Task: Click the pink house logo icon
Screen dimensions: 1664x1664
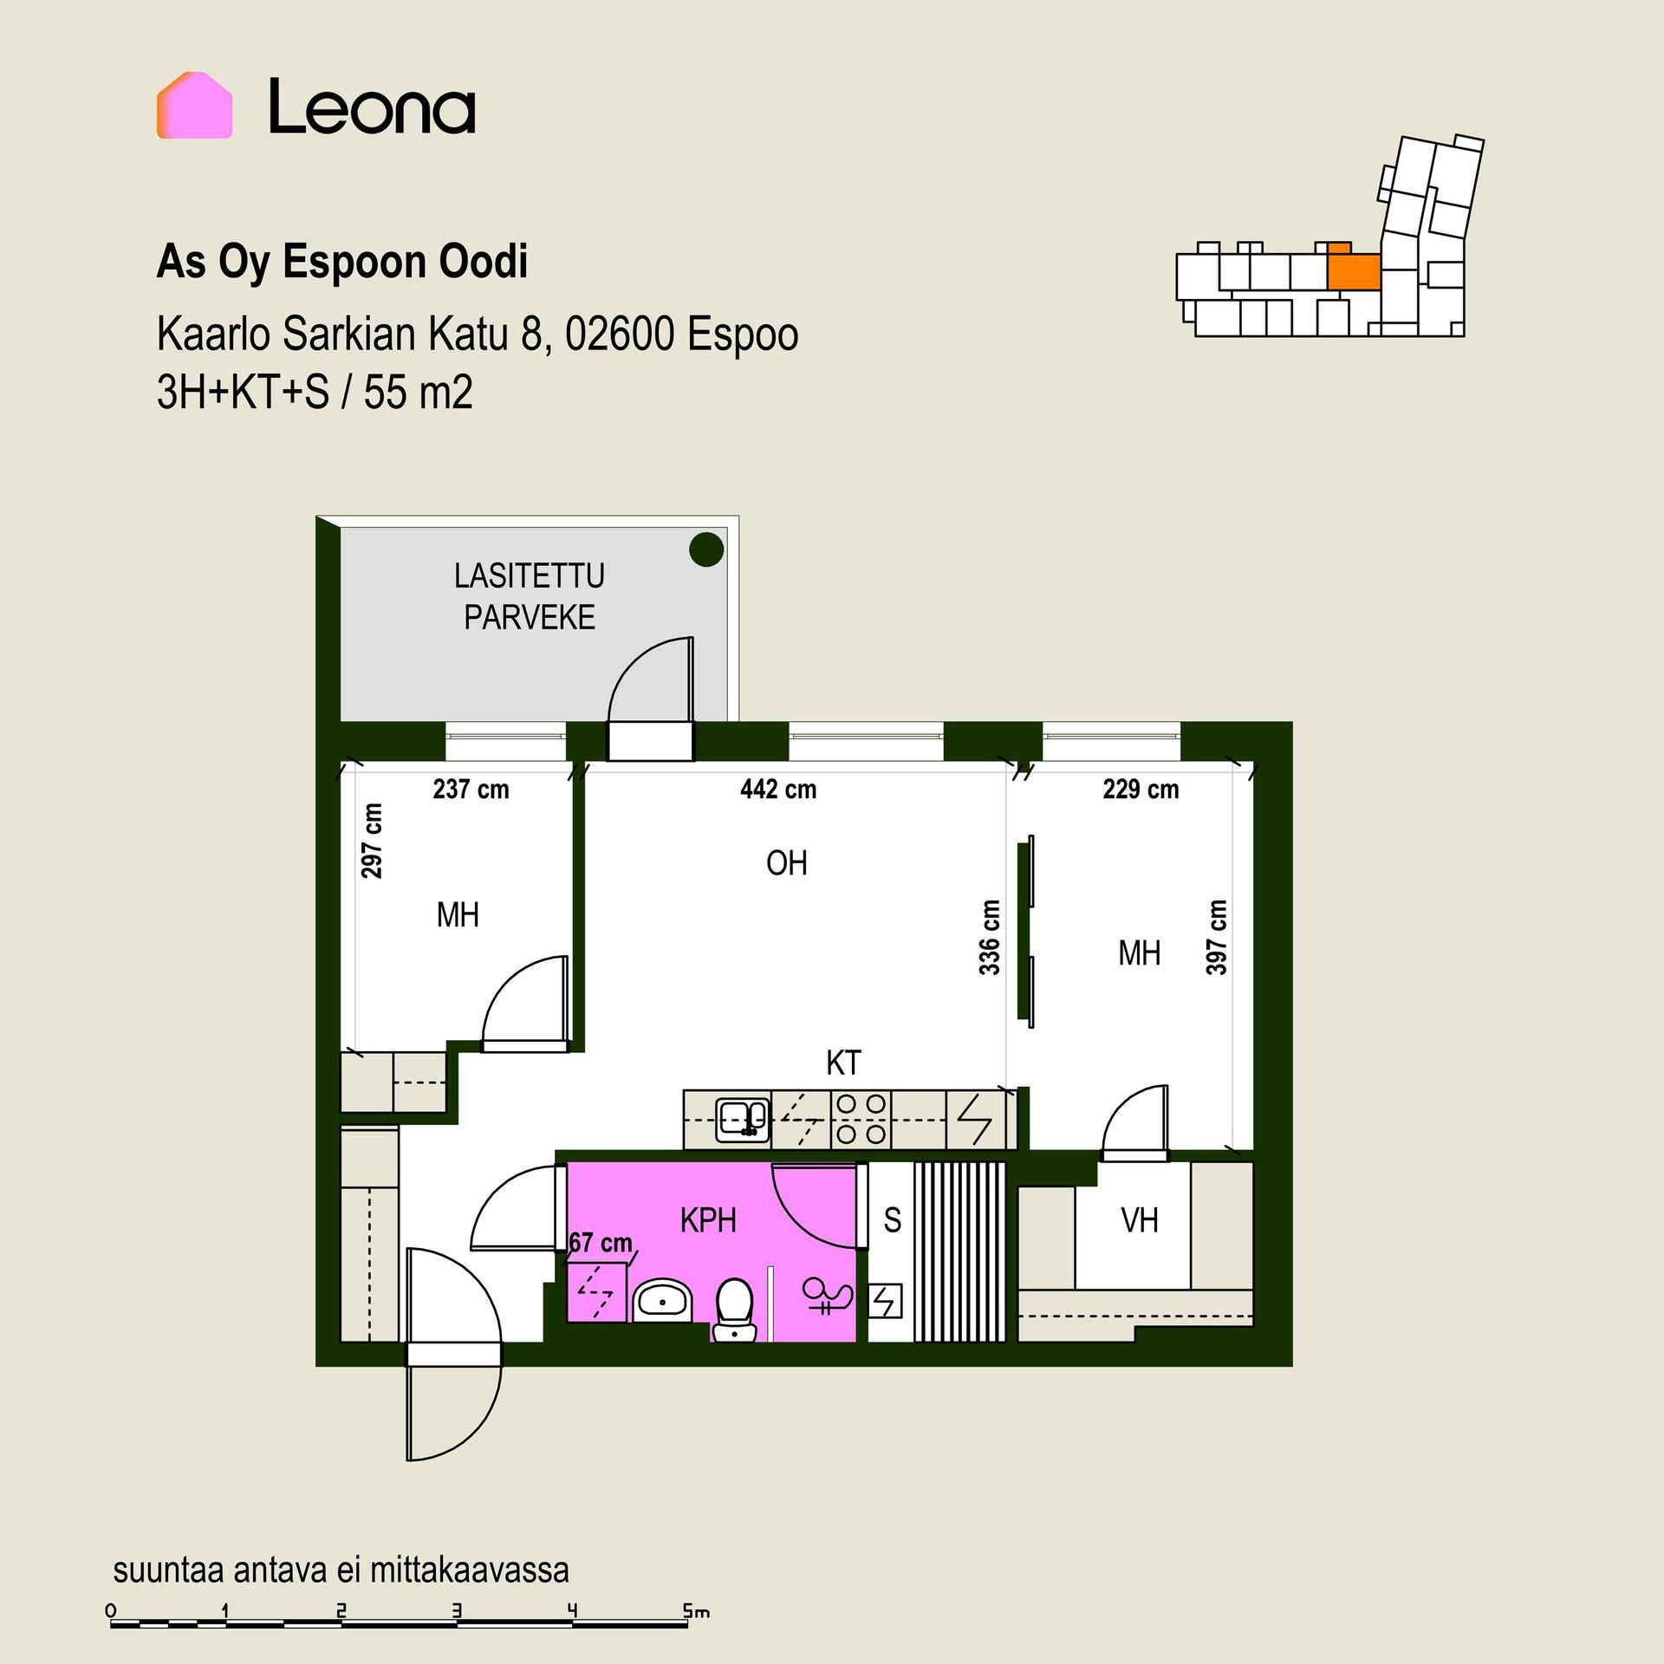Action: pos(194,106)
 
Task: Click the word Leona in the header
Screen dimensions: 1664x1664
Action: pos(372,107)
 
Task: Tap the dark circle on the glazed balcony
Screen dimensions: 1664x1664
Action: pos(706,549)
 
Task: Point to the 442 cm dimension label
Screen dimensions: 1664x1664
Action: pos(778,790)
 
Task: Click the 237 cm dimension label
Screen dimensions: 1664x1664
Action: pos(471,790)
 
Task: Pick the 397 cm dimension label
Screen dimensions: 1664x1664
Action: pos(1217,937)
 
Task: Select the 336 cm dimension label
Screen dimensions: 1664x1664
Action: pos(990,937)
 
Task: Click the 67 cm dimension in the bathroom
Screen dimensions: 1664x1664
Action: pos(601,1243)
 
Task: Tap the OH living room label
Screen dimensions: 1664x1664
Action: pos(787,863)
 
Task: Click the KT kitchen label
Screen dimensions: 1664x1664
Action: pos(843,1063)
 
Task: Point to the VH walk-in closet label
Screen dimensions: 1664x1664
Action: pos(1140,1220)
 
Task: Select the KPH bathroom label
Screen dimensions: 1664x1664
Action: pos(708,1220)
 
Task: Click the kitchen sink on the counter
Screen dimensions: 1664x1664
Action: pos(742,1120)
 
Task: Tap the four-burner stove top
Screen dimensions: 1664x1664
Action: pos(860,1120)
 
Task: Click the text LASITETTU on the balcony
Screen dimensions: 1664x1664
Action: pos(530,575)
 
